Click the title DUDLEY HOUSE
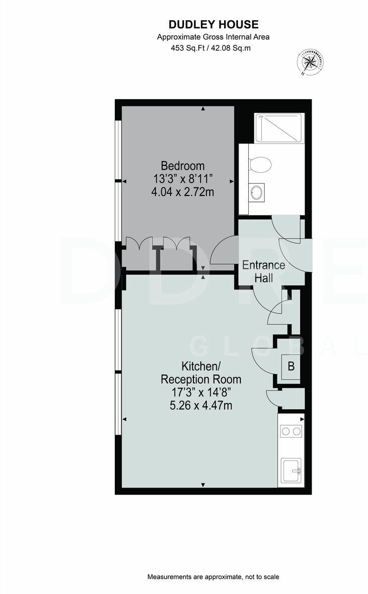213,24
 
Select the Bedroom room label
183,166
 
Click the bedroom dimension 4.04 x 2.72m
183,192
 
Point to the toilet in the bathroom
261,163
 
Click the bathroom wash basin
257,192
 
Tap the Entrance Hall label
263,271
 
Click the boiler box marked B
291,367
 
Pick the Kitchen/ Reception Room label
201,373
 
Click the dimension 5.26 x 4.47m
201,406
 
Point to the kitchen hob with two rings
290,431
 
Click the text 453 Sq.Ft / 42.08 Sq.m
213,48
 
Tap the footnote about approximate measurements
213,577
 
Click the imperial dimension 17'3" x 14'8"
201,393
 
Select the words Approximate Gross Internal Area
213,37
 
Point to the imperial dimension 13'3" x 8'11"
183,179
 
